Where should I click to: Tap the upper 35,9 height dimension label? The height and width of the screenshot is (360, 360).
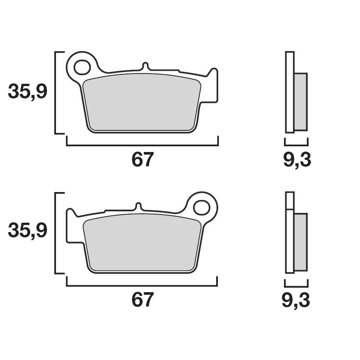[28, 92]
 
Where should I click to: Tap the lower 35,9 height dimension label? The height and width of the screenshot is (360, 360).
[28, 231]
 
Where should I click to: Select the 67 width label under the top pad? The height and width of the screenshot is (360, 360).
[142, 160]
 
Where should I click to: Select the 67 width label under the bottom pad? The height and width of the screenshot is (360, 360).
[142, 300]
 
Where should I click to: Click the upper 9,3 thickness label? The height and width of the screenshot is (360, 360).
[297, 160]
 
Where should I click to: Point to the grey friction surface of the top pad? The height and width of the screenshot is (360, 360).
[142, 104]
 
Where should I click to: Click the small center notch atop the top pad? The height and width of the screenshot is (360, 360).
[145, 66]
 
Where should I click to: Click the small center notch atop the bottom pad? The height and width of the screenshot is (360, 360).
[138, 206]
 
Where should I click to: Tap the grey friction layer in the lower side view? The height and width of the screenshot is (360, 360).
[300, 242]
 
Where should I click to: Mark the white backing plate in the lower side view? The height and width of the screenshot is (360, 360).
[290, 241]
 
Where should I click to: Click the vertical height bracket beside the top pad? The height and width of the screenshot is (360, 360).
[56, 92]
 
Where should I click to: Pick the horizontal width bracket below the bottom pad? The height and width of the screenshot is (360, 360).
[142, 285]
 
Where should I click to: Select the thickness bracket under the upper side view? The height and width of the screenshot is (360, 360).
[296, 144]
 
